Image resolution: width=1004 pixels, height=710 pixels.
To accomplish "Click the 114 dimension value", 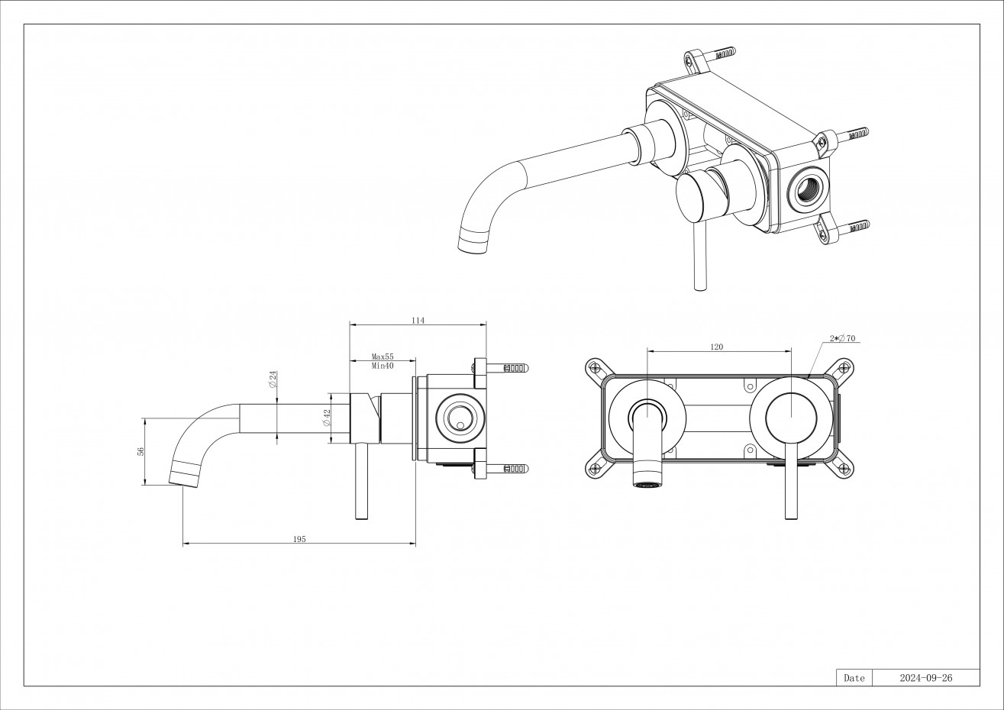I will [418, 321].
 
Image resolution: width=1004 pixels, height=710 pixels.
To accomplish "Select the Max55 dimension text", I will [382, 357].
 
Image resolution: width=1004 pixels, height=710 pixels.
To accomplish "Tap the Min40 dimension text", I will [382, 366].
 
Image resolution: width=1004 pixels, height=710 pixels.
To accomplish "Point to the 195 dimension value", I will [299, 539].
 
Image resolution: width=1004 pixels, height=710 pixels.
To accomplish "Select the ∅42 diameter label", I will [326, 417].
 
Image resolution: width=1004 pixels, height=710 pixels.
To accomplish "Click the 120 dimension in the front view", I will [716, 347].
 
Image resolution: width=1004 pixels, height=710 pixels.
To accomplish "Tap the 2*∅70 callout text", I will [841, 338].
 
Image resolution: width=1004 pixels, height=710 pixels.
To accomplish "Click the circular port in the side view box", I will [460, 418].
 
